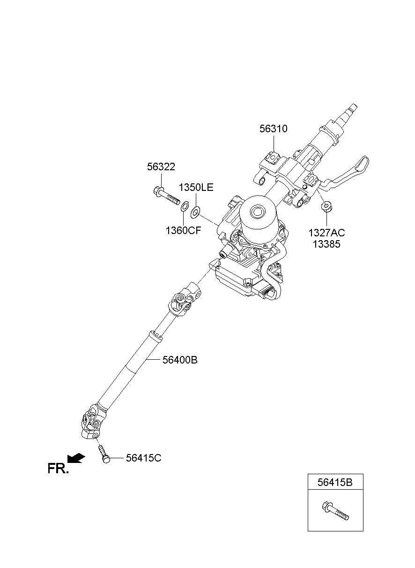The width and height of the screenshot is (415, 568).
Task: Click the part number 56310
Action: point(273,129)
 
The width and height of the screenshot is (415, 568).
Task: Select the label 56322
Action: point(161,167)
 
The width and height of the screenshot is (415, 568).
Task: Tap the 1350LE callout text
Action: point(196,188)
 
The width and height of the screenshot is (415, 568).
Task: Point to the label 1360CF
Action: point(183,230)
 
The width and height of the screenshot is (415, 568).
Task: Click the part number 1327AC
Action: point(326,233)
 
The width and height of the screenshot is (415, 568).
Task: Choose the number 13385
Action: point(326,244)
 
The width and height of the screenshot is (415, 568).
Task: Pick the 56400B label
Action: point(180,360)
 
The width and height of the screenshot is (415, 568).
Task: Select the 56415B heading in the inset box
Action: point(335,482)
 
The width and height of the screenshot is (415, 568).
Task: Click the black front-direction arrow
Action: point(76,457)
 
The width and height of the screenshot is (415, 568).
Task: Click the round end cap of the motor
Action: point(258,211)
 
